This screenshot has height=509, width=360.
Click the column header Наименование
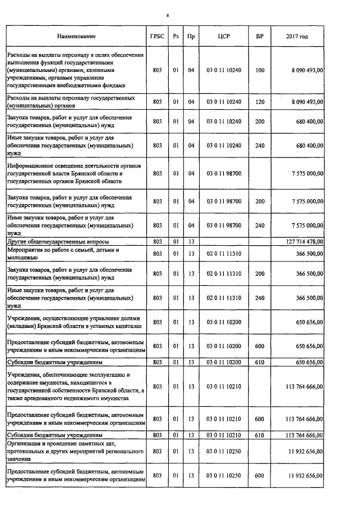pyautogui.click(x=76, y=37)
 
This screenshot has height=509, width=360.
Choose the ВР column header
pyautogui.click(x=259, y=37)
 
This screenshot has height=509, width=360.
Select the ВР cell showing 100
pyautogui.click(x=259, y=70)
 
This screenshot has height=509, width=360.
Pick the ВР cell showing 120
pyautogui.click(x=259, y=102)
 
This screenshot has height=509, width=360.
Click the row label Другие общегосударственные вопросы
pyautogui.click(x=57, y=241)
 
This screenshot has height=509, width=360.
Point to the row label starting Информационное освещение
pyautogui.click(x=75, y=173)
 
